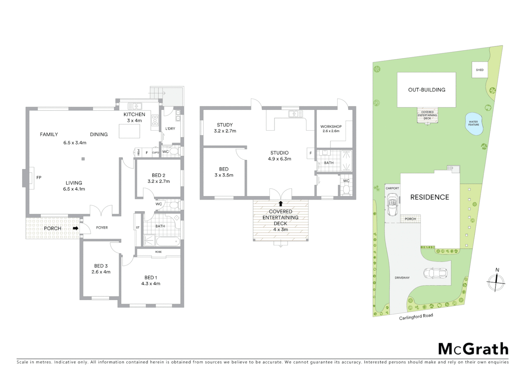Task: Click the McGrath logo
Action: tap(473, 349)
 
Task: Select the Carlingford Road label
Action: tap(416, 316)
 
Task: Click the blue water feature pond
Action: tap(474, 123)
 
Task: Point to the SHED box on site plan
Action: tap(480, 70)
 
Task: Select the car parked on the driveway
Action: tap(435, 273)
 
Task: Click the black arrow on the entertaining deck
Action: tap(281, 204)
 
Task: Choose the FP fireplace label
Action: tap(39, 178)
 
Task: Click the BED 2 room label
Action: tap(158, 175)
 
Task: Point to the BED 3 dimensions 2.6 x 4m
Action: tap(101, 272)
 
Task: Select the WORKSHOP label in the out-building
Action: tap(331, 126)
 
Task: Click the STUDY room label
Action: tap(225, 125)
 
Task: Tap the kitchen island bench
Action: tap(129, 131)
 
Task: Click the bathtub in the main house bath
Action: tap(168, 241)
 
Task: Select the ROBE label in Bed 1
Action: tap(158, 252)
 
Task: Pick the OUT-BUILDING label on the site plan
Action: tap(427, 90)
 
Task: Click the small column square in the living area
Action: tap(83, 159)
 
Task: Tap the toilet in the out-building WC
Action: tap(346, 190)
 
